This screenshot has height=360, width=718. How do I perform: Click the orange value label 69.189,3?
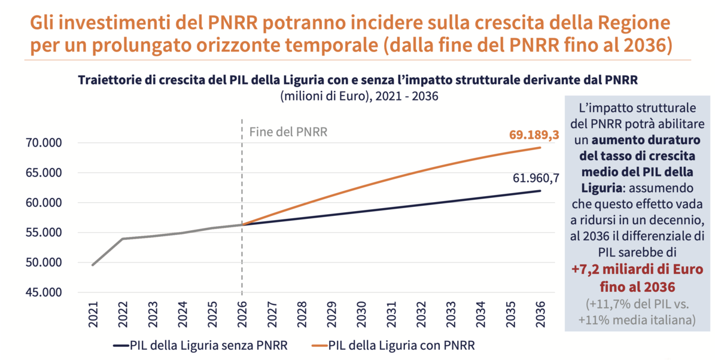pyautogui.click(x=534, y=135)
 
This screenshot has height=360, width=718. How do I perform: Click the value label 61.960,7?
pyautogui.click(x=536, y=178)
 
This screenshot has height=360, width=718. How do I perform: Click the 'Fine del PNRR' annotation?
pyautogui.click(x=288, y=132)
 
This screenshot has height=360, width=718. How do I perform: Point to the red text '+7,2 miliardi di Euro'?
pyautogui.click(x=637, y=269)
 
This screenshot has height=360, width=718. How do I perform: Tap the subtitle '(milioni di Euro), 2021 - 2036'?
pyautogui.click(x=359, y=96)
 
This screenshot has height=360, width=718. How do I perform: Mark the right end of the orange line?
pyautogui.click(x=541, y=147)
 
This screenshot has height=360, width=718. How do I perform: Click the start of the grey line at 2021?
pyautogui.click(x=93, y=265)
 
